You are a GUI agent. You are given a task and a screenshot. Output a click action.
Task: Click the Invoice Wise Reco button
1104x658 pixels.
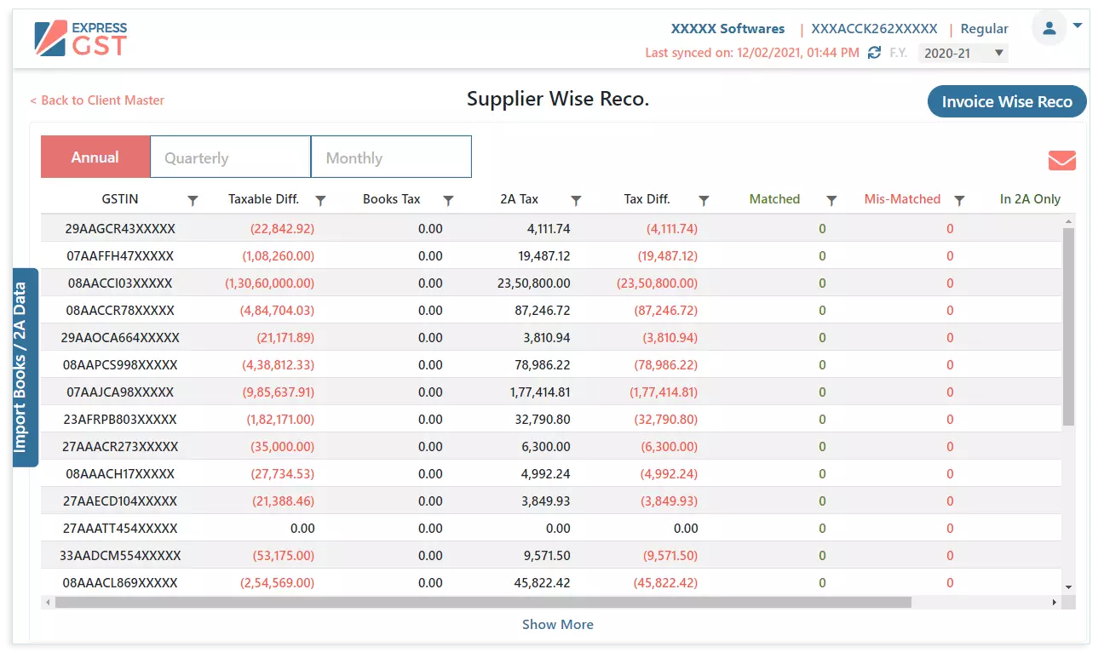tap(1006, 101)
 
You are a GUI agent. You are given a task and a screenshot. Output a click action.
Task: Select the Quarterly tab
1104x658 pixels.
tap(230, 157)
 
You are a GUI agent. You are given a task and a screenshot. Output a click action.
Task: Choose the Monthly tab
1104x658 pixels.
tap(390, 157)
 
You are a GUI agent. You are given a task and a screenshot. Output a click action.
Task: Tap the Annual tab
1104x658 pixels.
tap(95, 157)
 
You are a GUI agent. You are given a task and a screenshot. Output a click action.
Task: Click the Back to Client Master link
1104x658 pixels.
tap(97, 100)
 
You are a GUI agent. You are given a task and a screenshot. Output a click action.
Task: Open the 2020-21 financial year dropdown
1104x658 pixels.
tap(963, 53)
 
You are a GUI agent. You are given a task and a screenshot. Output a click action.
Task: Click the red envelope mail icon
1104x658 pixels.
tap(1061, 160)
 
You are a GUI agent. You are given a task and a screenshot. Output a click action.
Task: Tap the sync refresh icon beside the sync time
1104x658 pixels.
tap(874, 53)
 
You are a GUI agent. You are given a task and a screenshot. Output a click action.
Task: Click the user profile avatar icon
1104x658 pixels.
tap(1049, 28)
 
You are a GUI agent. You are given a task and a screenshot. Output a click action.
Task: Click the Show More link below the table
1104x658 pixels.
tap(557, 625)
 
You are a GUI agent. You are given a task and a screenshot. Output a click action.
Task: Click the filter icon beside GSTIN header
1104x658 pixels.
tap(193, 200)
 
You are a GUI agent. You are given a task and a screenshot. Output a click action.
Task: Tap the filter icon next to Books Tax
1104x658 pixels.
tap(448, 200)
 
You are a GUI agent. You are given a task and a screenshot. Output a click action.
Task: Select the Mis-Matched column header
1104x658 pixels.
tap(902, 199)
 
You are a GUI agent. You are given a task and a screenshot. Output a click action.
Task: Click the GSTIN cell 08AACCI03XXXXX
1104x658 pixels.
tap(120, 283)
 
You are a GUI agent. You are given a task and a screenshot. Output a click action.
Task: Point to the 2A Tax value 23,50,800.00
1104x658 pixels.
tap(533, 283)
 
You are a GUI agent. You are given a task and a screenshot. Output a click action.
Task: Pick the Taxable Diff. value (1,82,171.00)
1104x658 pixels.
tap(280, 420)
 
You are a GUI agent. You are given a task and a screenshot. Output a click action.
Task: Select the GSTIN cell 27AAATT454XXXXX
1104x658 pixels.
tap(120, 529)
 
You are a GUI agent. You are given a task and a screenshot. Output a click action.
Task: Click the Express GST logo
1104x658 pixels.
tap(81, 38)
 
